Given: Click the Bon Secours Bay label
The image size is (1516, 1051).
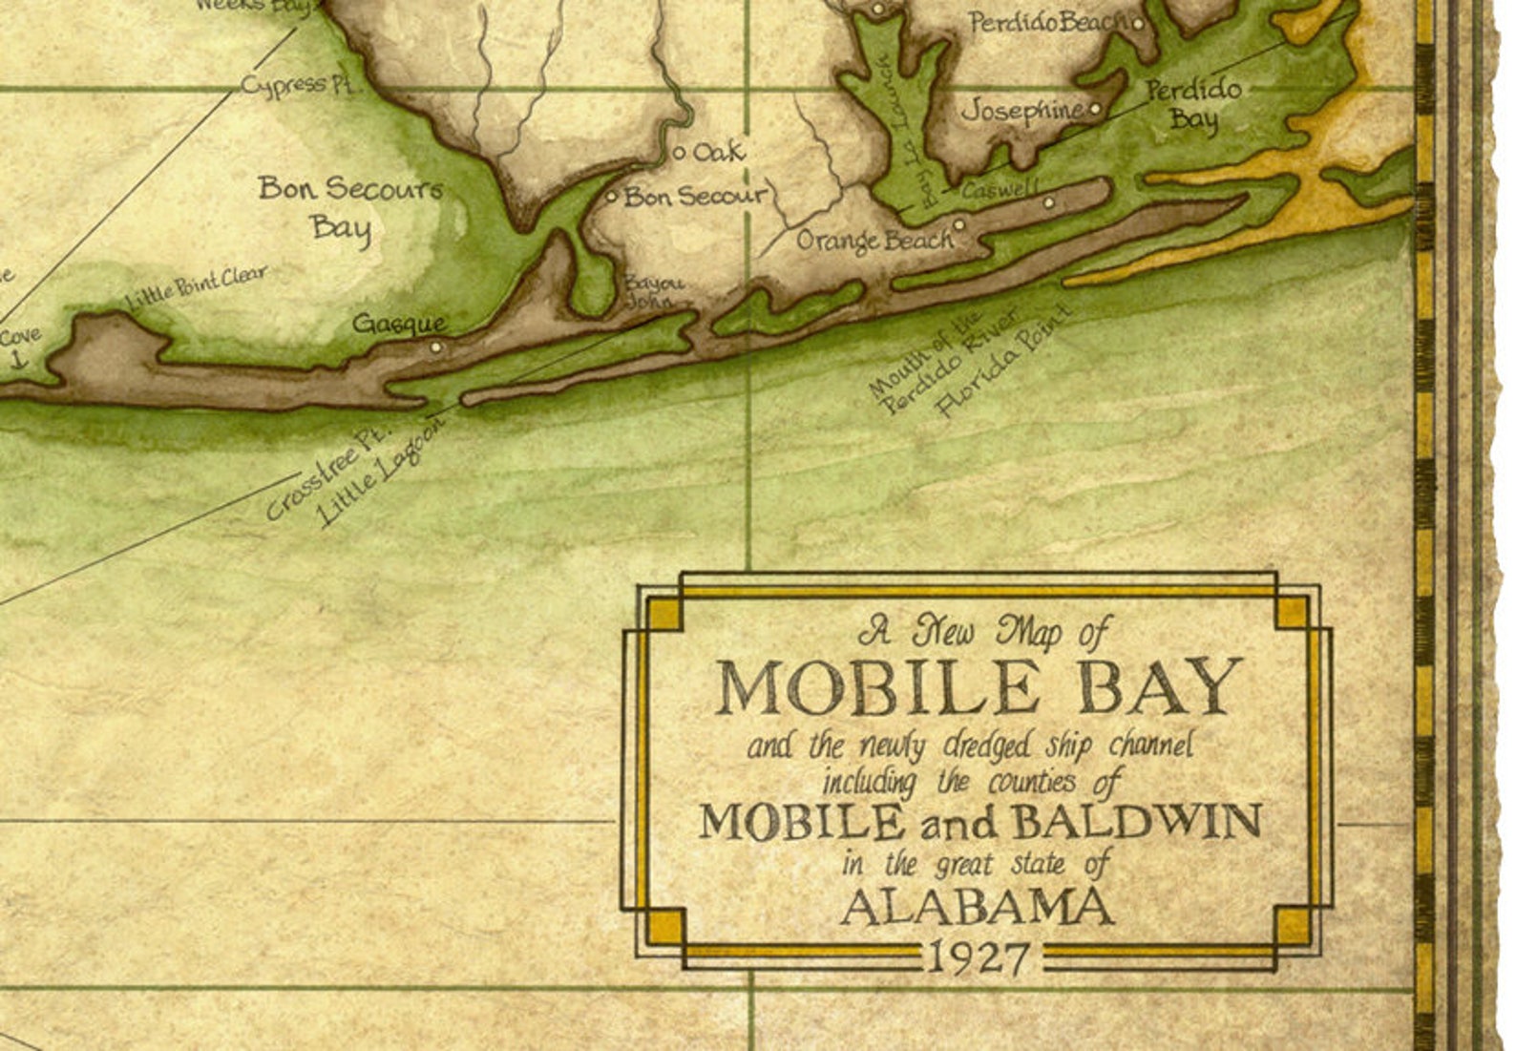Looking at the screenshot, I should coord(349,207).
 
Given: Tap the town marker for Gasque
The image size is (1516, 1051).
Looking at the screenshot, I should coord(436,347).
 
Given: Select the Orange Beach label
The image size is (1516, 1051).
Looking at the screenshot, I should coord(874,240).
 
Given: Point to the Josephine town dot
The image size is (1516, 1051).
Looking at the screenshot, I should coord(1095,109).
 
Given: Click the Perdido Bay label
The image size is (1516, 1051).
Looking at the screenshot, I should coord(1193,104).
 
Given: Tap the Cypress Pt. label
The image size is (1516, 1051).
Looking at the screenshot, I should coord(297,84).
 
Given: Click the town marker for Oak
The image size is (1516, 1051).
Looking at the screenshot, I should coord(680,153).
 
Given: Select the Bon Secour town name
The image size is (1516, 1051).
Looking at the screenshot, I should coord(695,197).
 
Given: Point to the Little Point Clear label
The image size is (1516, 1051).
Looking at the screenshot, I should coord(197,288).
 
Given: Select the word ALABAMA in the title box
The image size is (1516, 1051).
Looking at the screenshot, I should coord(978,908).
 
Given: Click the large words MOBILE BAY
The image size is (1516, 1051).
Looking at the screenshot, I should coord(979,686).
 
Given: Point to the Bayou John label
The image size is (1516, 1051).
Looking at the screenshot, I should coord(654,292).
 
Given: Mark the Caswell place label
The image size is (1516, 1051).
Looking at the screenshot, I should coord(1000,190).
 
